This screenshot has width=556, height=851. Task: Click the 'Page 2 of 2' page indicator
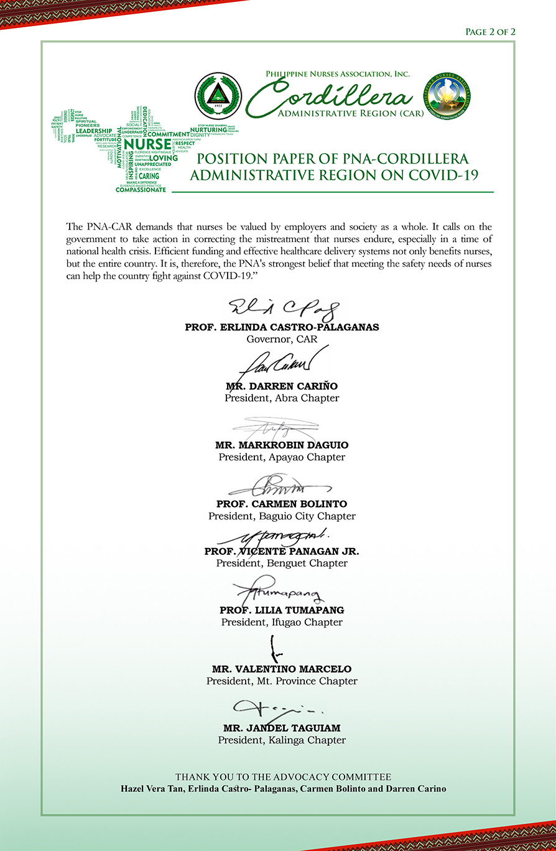click(x=490, y=32)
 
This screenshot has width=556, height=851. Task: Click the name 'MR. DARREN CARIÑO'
click(x=282, y=386)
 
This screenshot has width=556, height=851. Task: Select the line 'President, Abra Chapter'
click(x=282, y=398)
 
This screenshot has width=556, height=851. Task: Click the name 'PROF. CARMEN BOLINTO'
click(x=282, y=504)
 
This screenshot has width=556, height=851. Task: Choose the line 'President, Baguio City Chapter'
click(x=282, y=516)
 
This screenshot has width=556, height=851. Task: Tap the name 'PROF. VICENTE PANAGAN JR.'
click(x=282, y=551)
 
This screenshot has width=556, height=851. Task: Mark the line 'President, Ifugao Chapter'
click(x=282, y=622)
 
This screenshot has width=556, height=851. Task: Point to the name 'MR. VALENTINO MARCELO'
click(x=282, y=669)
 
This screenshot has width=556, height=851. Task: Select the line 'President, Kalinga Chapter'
click(x=282, y=740)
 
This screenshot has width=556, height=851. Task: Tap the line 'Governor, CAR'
click(x=282, y=339)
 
